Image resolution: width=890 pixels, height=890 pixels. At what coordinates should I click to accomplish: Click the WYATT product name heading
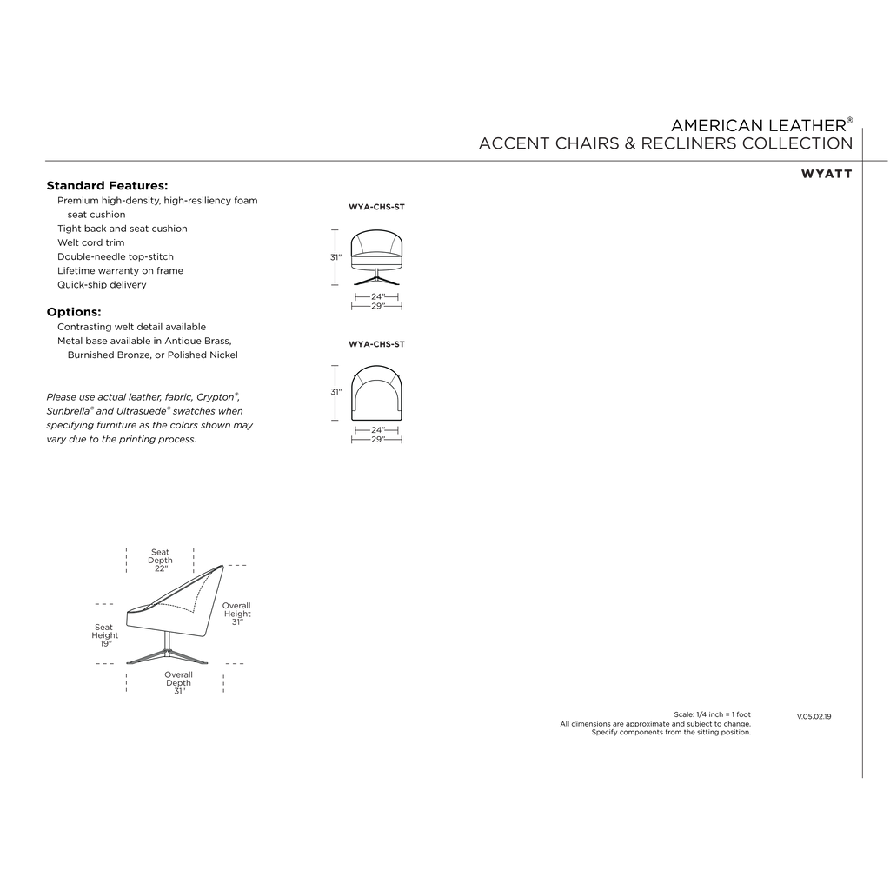click(x=827, y=174)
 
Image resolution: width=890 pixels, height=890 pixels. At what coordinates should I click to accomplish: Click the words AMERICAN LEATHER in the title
click(x=759, y=125)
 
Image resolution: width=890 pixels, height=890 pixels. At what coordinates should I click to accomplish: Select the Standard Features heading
click(x=107, y=186)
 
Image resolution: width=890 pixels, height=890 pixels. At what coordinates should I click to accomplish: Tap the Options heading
click(x=74, y=312)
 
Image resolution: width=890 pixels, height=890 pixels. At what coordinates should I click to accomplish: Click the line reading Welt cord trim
click(x=90, y=243)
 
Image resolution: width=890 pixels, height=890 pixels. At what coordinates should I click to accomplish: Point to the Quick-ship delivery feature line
click(x=102, y=285)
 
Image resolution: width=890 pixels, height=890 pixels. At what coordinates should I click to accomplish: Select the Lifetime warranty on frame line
click(x=120, y=271)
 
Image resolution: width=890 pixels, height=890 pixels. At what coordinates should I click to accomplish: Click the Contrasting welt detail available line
click(x=132, y=327)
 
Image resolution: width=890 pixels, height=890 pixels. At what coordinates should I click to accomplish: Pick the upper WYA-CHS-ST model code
click(x=377, y=207)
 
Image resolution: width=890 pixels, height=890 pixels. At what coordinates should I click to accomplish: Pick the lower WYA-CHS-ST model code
click(x=377, y=344)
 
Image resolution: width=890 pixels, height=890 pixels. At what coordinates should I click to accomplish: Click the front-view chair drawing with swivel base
click(x=377, y=257)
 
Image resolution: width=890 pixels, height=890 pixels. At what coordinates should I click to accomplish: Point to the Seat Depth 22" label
click(x=160, y=561)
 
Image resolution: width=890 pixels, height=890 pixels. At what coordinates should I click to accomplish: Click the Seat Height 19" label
click(x=105, y=635)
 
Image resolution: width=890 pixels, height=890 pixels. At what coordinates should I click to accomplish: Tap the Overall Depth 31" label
click(x=179, y=683)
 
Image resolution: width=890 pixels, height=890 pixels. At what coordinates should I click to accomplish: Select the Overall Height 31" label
click(x=236, y=614)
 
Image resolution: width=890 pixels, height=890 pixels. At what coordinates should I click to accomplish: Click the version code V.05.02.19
click(x=814, y=717)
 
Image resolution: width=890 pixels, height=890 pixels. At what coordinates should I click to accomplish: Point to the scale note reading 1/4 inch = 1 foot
click(x=713, y=714)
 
